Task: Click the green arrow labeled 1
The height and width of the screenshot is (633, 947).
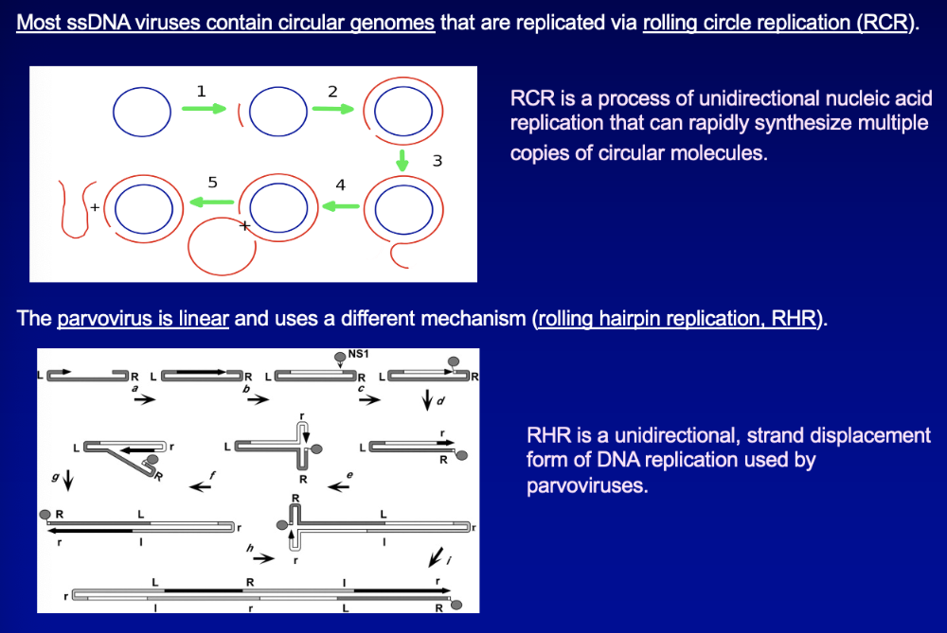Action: (205, 109)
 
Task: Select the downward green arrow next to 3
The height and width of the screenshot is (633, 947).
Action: (402, 160)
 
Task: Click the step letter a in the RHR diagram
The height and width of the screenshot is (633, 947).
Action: (134, 388)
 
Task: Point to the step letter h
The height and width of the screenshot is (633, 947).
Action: (250, 548)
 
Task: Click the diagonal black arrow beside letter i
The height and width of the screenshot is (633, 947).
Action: (435, 553)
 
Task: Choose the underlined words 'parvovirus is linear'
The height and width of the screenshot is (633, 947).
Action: (143, 318)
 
